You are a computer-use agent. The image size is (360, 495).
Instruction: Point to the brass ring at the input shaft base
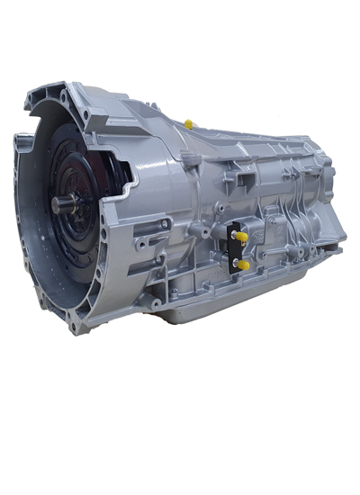coord(76,203)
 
